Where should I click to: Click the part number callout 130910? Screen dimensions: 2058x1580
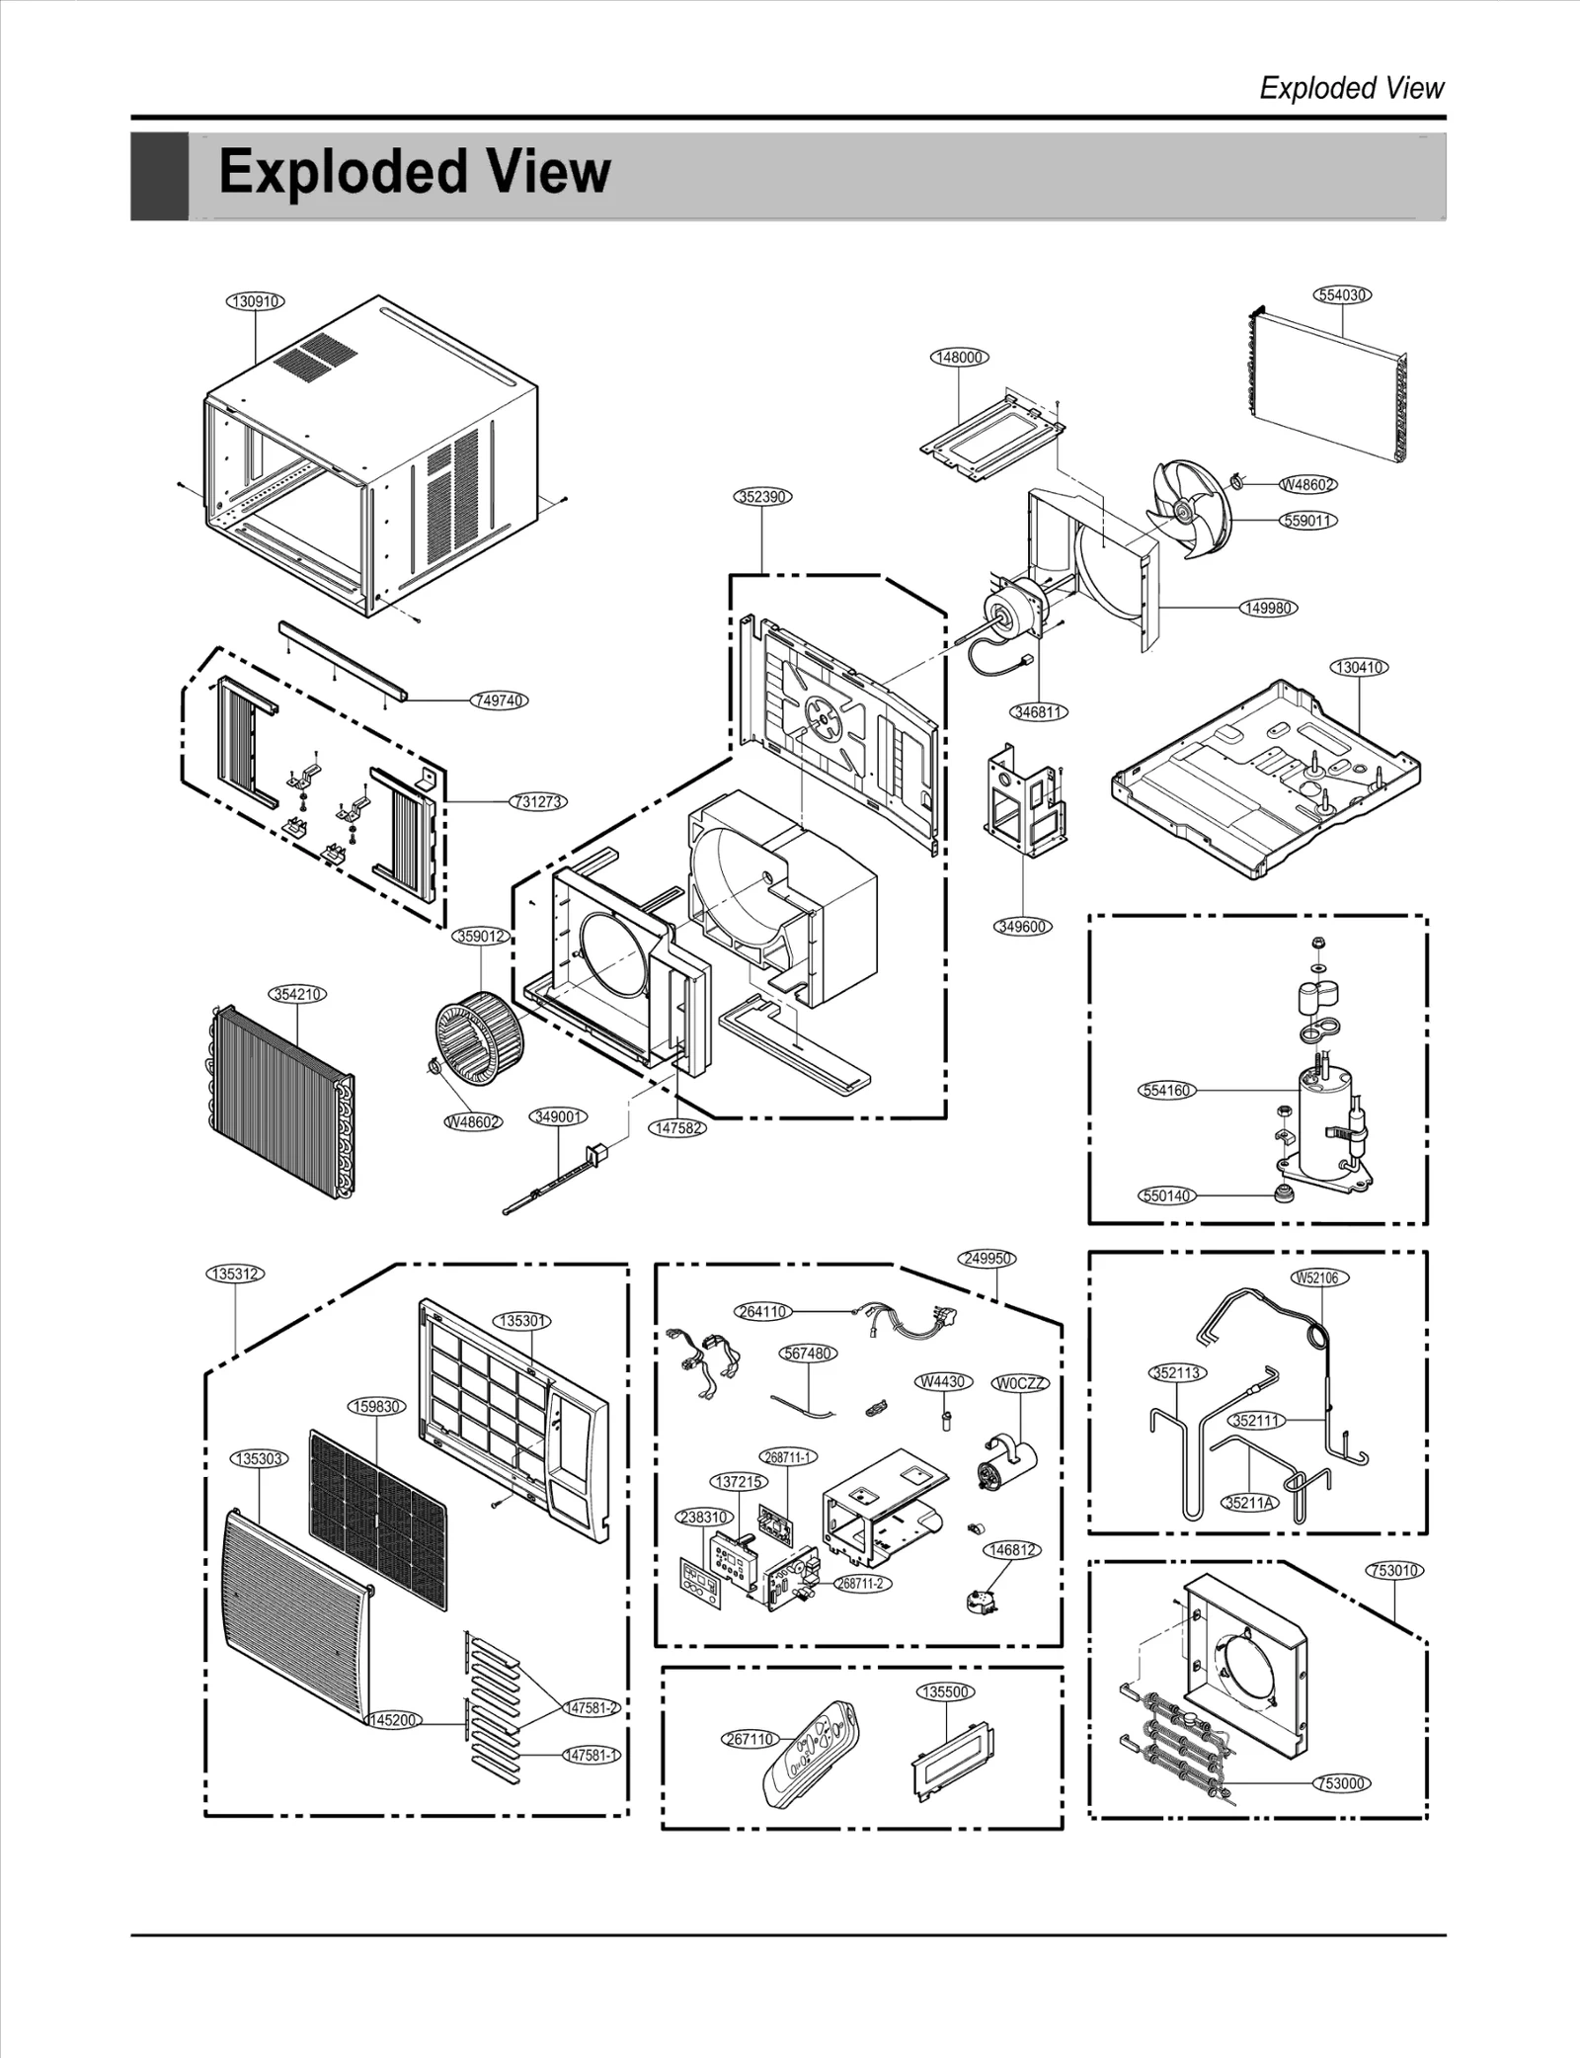coord(256,301)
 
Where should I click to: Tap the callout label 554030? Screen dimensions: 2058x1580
coord(1343,295)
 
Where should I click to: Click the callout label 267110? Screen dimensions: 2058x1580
coord(750,1739)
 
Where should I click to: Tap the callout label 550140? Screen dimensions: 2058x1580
coord(1166,1195)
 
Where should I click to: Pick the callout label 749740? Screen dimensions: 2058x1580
coord(500,700)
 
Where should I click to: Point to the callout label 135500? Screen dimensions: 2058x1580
coord(945,1691)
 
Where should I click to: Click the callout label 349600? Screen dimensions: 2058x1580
coord(1022,927)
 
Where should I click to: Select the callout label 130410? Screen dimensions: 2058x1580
coord(1360,667)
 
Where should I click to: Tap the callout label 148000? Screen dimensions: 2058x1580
coord(960,357)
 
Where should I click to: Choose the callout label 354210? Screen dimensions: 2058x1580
coord(297,994)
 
